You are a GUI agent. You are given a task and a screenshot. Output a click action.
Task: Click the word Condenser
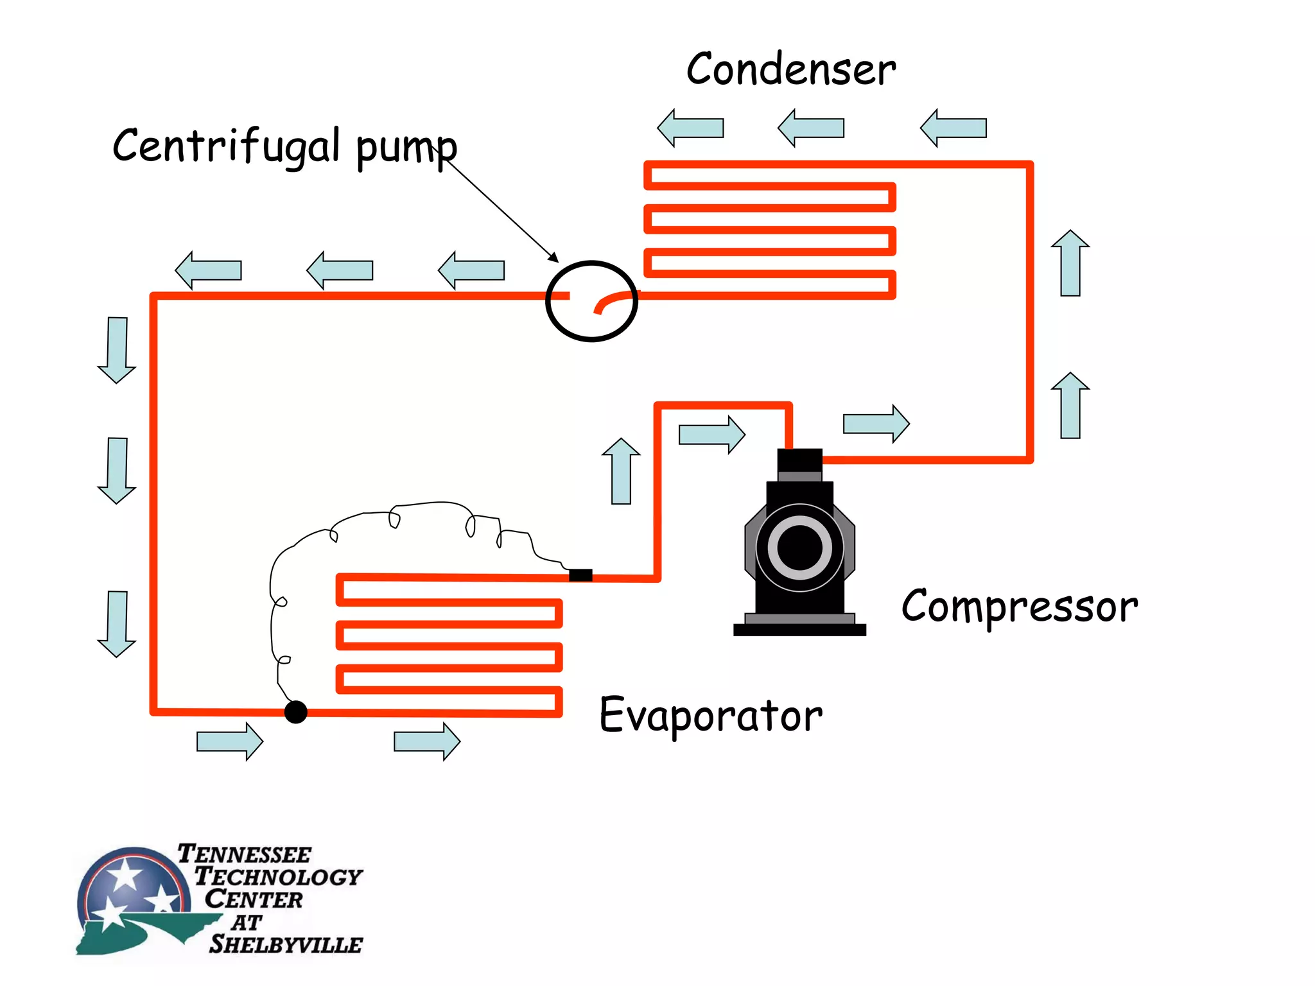click(x=790, y=69)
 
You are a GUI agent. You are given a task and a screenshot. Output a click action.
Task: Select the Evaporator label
click(x=710, y=714)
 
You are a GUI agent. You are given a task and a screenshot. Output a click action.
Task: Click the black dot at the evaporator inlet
click(x=295, y=711)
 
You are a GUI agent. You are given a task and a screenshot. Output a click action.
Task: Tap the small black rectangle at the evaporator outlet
click(x=580, y=575)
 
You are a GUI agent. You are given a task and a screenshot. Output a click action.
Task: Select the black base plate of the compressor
click(x=799, y=630)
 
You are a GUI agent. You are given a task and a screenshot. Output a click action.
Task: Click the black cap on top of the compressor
click(x=799, y=460)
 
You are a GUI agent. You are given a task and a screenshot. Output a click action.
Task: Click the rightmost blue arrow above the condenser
click(x=953, y=128)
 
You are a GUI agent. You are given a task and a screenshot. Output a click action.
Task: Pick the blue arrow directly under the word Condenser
click(x=810, y=128)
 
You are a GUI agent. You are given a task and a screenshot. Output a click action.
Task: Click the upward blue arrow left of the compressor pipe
click(x=621, y=472)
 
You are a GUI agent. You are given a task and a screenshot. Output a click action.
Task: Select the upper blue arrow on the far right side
click(x=1070, y=263)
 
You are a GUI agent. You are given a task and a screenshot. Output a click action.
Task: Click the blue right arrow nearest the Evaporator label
click(x=427, y=741)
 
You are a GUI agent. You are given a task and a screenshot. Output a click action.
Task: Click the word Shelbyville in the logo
click(x=286, y=944)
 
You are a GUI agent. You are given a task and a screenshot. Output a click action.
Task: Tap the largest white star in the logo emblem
click(x=125, y=874)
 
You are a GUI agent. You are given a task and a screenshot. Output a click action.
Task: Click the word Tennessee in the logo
click(x=244, y=854)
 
